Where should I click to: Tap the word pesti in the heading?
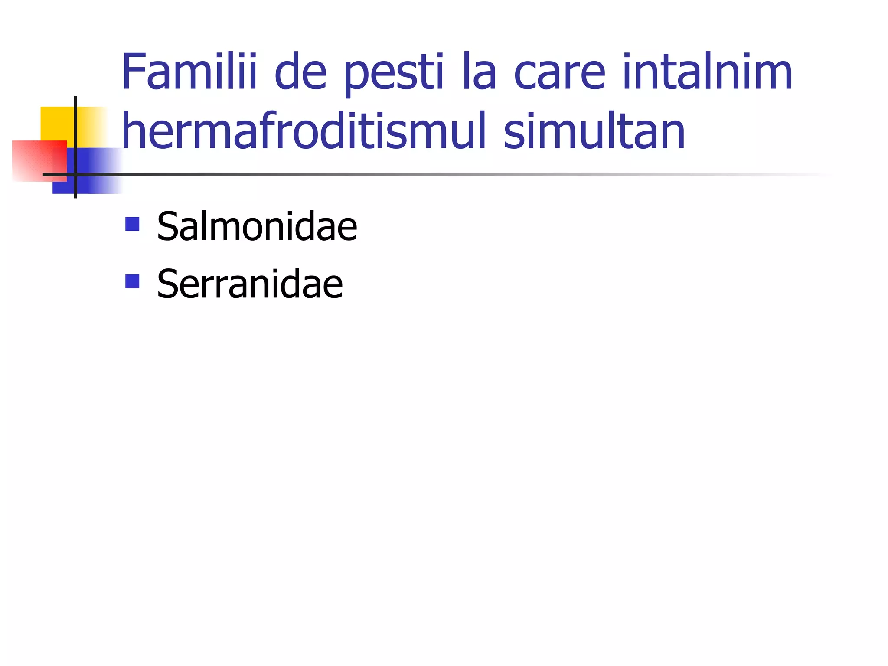pyautogui.click(x=394, y=74)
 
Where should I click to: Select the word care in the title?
pyautogui.click(x=559, y=73)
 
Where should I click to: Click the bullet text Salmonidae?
pyautogui.click(x=257, y=226)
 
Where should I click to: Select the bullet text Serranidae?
pyautogui.click(x=250, y=284)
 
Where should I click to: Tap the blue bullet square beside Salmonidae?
pyautogui.click(x=132, y=224)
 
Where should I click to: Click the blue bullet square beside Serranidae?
pyautogui.click(x=132, y=281)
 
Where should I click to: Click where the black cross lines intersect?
pyautogui.click(x=75, y=175)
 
